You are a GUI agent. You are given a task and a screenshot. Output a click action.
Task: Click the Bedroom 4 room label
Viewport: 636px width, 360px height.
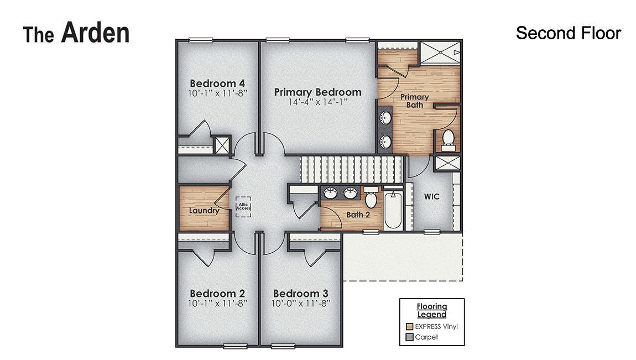click(x=217, y=84)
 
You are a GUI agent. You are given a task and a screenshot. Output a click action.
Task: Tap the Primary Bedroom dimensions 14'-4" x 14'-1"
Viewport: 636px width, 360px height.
click(x=317, y=102)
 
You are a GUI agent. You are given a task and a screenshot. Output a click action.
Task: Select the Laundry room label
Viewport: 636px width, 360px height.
click(x=204, y=211)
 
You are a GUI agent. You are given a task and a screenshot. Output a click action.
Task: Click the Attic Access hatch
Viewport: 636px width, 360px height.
click(x=244, y=207)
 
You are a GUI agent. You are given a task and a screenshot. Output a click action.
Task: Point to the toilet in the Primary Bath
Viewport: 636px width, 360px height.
click(x=448, y=139)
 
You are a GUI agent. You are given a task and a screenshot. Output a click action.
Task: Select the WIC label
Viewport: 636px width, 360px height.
click(x=431, y=196)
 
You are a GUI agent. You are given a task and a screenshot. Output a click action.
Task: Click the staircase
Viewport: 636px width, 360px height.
click(x=351, y=169)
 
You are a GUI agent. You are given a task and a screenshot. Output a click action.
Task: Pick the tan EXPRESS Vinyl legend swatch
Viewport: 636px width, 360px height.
click(x=409, y=326)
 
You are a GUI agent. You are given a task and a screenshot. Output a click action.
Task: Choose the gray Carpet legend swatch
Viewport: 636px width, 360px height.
click(x=409, y=337)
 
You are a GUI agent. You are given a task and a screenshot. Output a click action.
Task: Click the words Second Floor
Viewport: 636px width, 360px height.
click(x=568, y=33)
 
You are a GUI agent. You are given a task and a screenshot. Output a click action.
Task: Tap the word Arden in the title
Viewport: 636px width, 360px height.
click(x=95, y=33)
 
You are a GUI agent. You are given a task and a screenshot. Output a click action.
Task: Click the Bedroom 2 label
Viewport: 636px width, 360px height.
click(x=217, y=293)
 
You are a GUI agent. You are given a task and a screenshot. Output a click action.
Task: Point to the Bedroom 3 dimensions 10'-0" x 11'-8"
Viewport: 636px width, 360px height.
click(x=301, y=303)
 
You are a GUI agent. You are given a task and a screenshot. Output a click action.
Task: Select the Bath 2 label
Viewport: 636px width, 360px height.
click(x=358, y=215)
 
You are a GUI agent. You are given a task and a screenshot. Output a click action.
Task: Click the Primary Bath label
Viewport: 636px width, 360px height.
click(x=415, y=101)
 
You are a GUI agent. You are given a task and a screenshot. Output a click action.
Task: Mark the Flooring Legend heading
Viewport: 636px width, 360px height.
click(x=432, y=310)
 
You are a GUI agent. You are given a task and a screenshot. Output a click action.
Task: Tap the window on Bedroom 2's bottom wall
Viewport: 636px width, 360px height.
click(x=235, y=346)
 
